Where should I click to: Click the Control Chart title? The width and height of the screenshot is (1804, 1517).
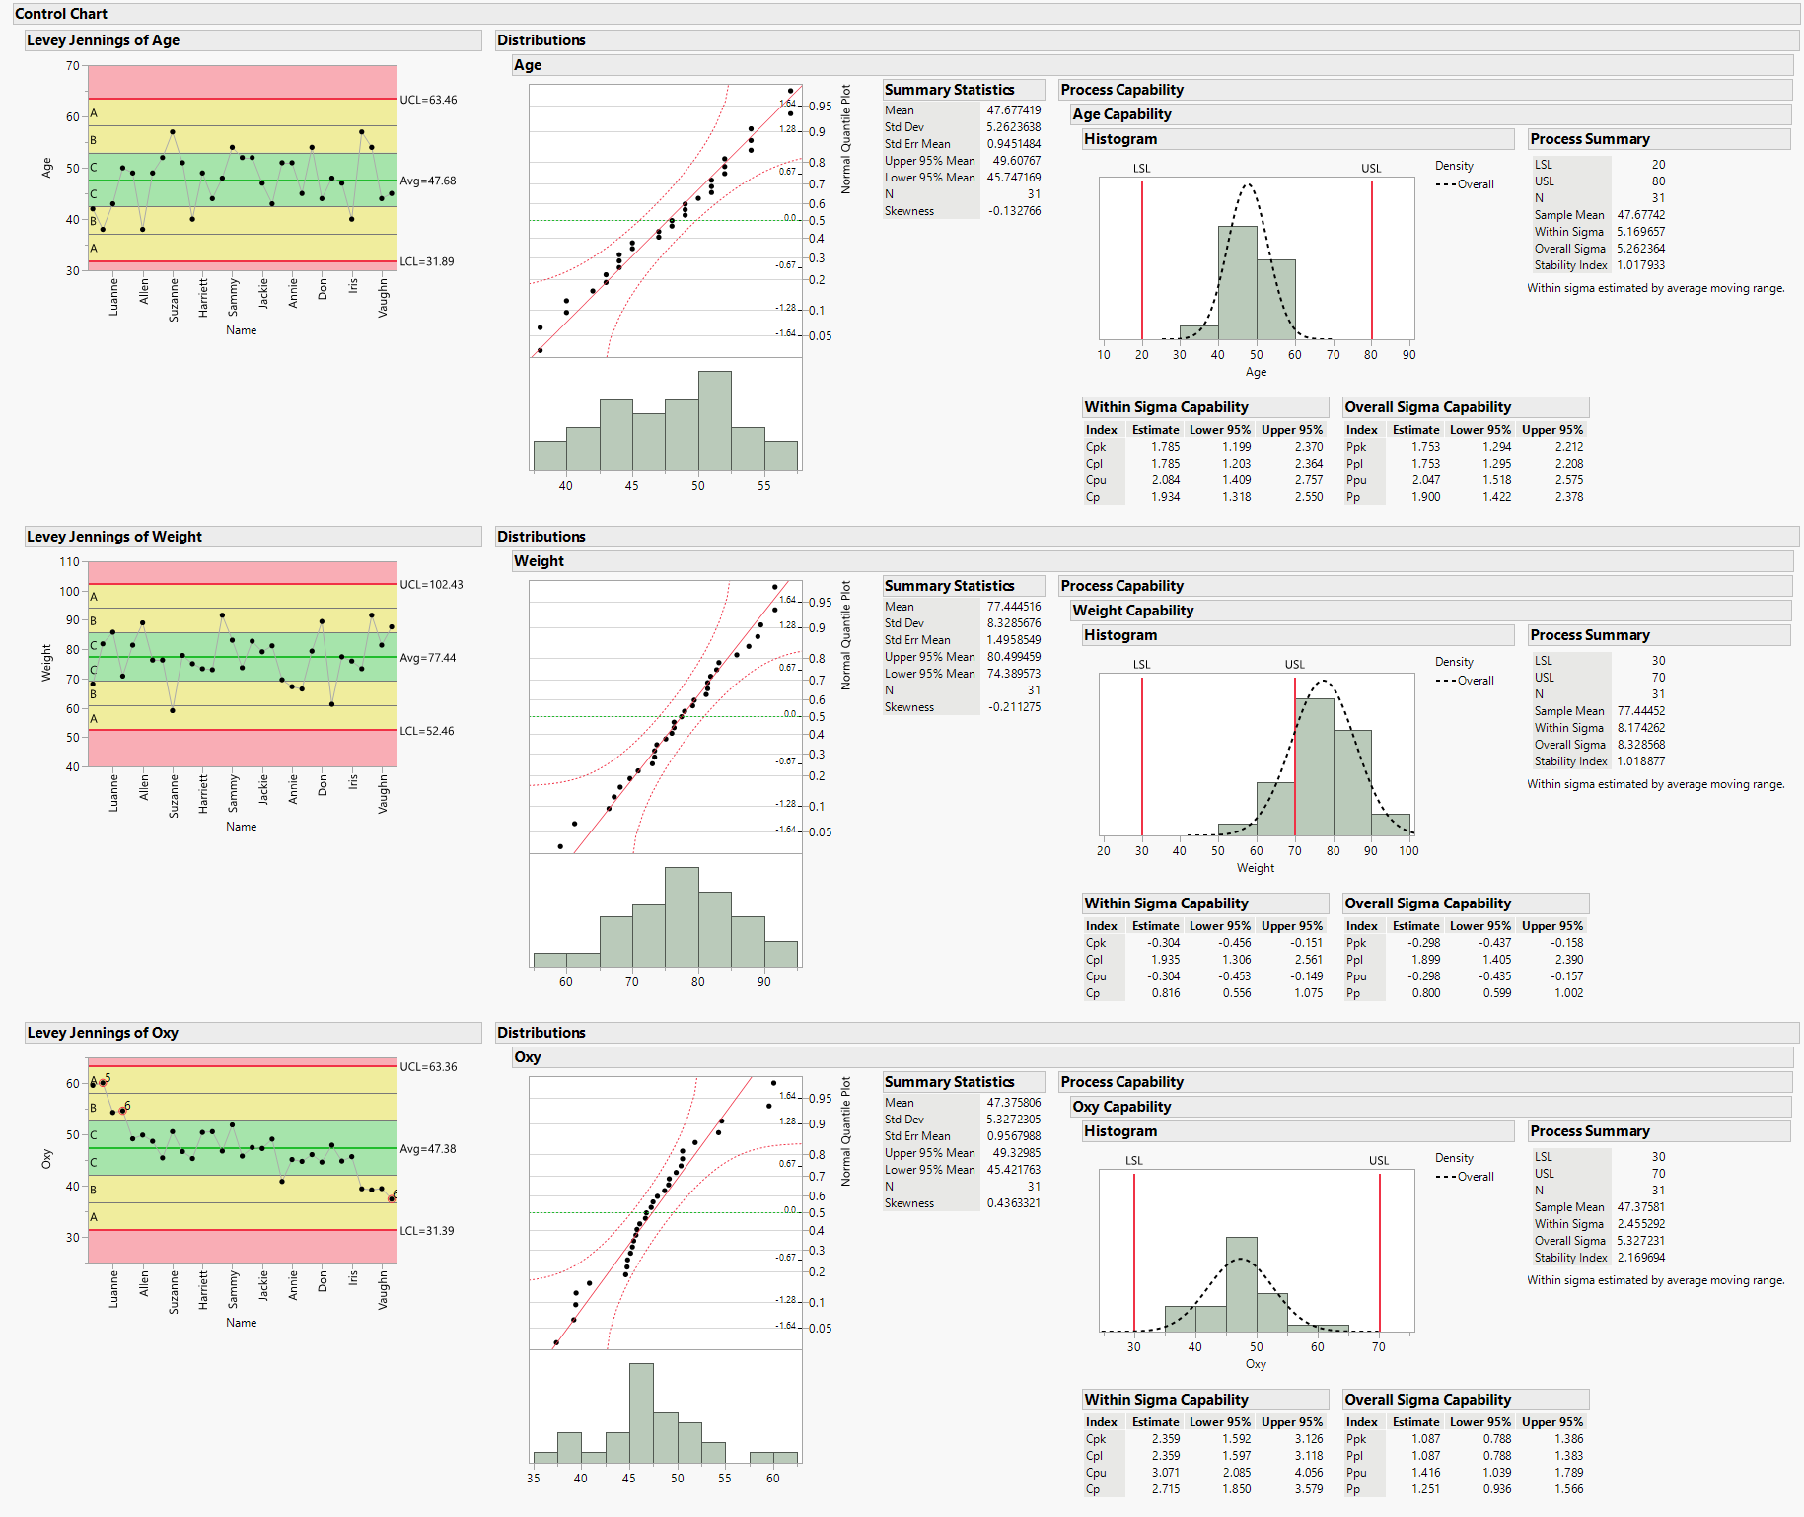coord(61,14)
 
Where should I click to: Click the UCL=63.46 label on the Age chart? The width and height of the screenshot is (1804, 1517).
coord(428,100)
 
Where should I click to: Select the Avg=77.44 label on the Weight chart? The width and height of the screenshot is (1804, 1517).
coord(428,658)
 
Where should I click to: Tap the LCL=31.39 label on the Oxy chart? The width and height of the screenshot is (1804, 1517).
coord(428,1231)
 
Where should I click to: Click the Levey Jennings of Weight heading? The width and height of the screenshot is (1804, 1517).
coord(114,537)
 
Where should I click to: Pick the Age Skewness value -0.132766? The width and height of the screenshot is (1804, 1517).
coord(1014,211)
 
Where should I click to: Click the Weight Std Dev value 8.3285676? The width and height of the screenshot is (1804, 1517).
coord(1013,623)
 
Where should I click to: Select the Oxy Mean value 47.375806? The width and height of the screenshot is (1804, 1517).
coord(1013,1103)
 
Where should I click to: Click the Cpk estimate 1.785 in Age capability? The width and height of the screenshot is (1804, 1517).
coord(1165,447)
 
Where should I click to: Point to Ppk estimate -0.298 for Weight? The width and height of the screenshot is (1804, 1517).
coord(1424,943)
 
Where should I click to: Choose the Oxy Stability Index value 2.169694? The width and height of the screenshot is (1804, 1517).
coord(1640,1258)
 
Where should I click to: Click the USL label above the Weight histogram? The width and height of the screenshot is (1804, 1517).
coord(1294,665)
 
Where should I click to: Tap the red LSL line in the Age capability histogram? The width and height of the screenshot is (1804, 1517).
coord(1142,261)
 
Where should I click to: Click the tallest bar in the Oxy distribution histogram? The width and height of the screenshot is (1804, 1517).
coord(641,1412)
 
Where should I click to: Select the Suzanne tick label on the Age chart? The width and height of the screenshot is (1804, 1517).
coord(174,300)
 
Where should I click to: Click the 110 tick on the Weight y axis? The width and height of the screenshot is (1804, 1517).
coord(69,562)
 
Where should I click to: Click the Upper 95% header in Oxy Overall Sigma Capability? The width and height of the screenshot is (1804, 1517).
coord(1551,1422)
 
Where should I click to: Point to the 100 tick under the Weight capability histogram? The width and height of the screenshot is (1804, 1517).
coord(1408,851)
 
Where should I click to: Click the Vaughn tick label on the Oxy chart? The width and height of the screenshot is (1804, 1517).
coord(383,1290)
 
